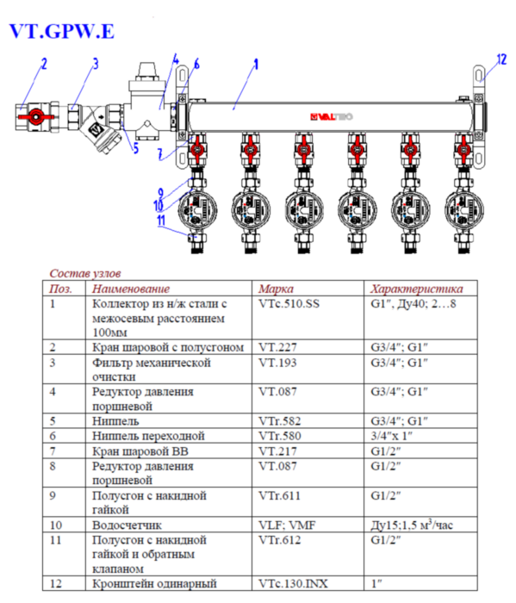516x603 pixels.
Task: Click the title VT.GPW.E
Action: (60, 32)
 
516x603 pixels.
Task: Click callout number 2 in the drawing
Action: (44, 64)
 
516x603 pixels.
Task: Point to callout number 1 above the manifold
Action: (256, 64)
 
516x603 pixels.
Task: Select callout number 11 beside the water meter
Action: (160, 220)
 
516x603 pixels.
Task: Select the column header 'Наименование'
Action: (131, 289)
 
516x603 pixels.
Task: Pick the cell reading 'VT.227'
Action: (277, 346)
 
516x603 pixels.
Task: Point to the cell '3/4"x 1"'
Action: (395, 436)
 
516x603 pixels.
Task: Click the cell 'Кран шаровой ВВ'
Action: (140, 451)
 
